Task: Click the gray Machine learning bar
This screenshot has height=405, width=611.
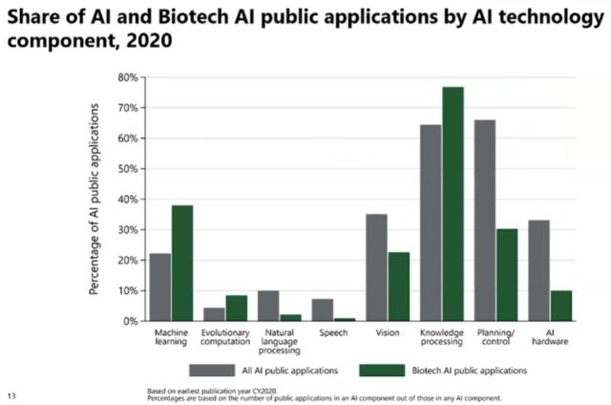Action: pyautogui.click(x=159, y=287)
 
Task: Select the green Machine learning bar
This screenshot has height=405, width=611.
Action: pyautogui.click(x=181, y=263)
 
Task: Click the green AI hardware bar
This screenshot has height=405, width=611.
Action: pyautogui.click(x=561, y=306)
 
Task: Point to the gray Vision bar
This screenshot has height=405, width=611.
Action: pyautogui.click(x=376, y=267)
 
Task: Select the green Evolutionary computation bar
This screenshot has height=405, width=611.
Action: pyautogui.click(x=236, y=309)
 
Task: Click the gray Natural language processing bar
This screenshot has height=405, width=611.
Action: pyautogui.click(x=268, y=306)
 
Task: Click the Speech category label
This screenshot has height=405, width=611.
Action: pyautogui.click(x=333, y=334)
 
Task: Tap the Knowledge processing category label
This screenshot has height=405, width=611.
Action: pyautogui.click(x=442, y=339)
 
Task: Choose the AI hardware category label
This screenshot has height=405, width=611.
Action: pyautogui.click(x=550, y=339)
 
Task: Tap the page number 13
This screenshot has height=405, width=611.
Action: pyautogui.click(x=11, y=394)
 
